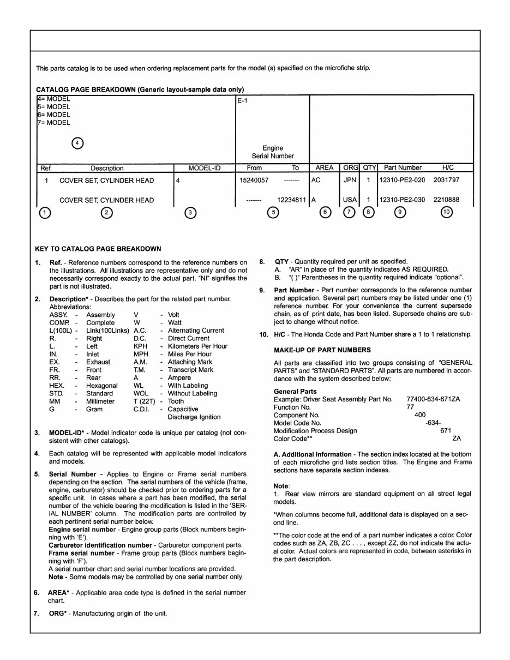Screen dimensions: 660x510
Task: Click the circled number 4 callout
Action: click(78, 143)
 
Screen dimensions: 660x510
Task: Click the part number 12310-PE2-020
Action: click(402, 180)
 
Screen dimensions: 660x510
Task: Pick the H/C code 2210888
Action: click(446, 200)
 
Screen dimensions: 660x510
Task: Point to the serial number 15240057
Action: click(254, 180)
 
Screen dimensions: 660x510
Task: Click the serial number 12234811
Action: click(292, 200)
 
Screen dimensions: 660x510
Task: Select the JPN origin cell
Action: click(350, 180)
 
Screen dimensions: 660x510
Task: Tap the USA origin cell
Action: click(350, 200)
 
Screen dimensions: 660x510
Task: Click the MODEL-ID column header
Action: click(204, 168)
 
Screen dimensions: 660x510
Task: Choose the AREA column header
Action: click(325, 168)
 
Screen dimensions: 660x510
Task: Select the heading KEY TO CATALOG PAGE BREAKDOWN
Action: click(98, 249)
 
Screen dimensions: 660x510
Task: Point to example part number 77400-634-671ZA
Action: click(433, 399)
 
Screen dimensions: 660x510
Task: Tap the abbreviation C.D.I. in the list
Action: click(142, 409)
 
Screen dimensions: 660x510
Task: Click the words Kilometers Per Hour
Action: click(197, 346)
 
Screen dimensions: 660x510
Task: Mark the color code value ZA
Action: click(457, 438)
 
